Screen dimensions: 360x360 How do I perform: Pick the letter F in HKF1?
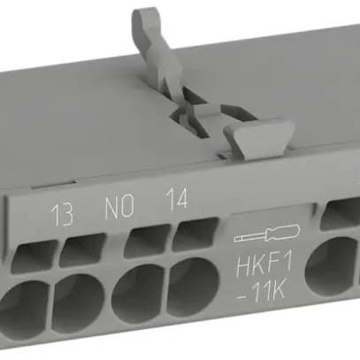coord(264,265)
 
